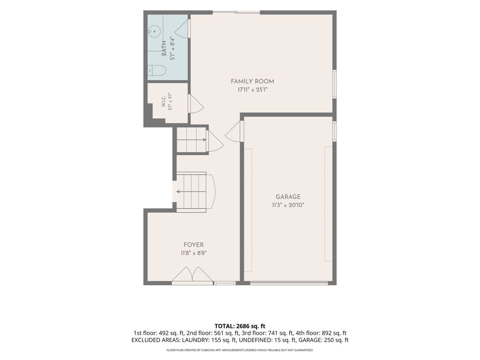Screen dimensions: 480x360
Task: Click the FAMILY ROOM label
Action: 252,82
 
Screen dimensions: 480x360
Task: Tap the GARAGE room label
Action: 288,197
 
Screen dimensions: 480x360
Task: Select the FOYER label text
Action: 194,245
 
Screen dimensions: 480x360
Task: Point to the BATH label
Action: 164,48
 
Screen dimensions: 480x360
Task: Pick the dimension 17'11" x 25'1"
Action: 252,90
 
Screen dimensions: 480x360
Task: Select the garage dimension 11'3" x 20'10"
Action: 288,205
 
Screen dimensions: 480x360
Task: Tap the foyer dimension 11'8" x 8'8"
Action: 194,253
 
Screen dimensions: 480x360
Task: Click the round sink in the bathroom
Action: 154,32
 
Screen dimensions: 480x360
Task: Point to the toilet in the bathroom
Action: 156,70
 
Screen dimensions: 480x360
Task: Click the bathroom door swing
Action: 182,29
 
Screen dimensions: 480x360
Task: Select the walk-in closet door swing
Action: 196,104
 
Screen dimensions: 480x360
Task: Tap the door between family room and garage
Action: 234,132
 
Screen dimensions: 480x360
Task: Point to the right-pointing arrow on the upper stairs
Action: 191,140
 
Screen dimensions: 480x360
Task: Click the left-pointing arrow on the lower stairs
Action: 191,192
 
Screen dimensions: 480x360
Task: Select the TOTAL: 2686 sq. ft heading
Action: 240,326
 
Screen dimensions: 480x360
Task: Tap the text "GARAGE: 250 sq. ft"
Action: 324,340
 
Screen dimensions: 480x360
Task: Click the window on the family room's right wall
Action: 334,84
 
